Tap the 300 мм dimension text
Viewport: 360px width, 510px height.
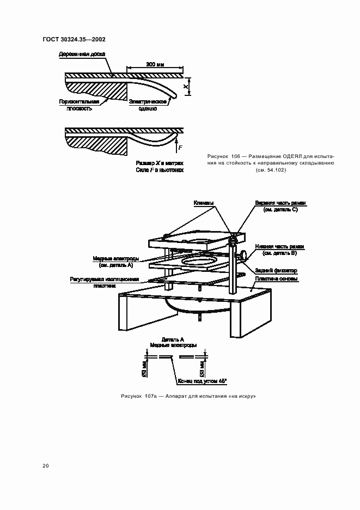click(x=155, y=65)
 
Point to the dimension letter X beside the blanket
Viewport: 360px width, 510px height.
click(x=186, y=87)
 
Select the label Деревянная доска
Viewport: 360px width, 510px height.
click(x=82, y=54)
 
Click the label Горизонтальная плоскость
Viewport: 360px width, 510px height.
click(x=80, y=105)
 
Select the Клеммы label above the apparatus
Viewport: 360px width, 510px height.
click(x=204, y=203)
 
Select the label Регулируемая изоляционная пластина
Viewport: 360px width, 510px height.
click(x=105, y=282)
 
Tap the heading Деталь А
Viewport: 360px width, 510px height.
click(x=173, y=339)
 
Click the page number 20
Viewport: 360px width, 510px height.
click(x=45, y=466)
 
